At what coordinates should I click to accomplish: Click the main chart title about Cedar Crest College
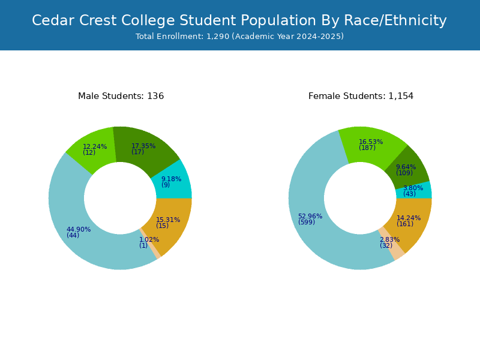pyautogui.click(x=239, y=20)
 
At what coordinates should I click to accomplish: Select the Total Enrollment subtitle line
pyautogui.click(x=239, y=37)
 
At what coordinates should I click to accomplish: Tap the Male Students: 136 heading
pyautogui.click(x=121, y=96)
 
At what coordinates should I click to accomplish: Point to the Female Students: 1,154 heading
pyautogui.click(x=361, y=96)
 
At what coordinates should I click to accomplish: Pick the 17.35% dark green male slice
pyautogui.click(x=144, y=147)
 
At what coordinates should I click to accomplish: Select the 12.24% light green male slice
pyautogui.click(x=92, y=147)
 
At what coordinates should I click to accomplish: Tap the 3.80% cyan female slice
pyautogui.click(x=414, y=190)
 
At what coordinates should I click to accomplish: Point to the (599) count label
pyautogui.click(x=307, y=222)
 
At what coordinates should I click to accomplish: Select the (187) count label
pyautogui.click(x=367, y=148)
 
